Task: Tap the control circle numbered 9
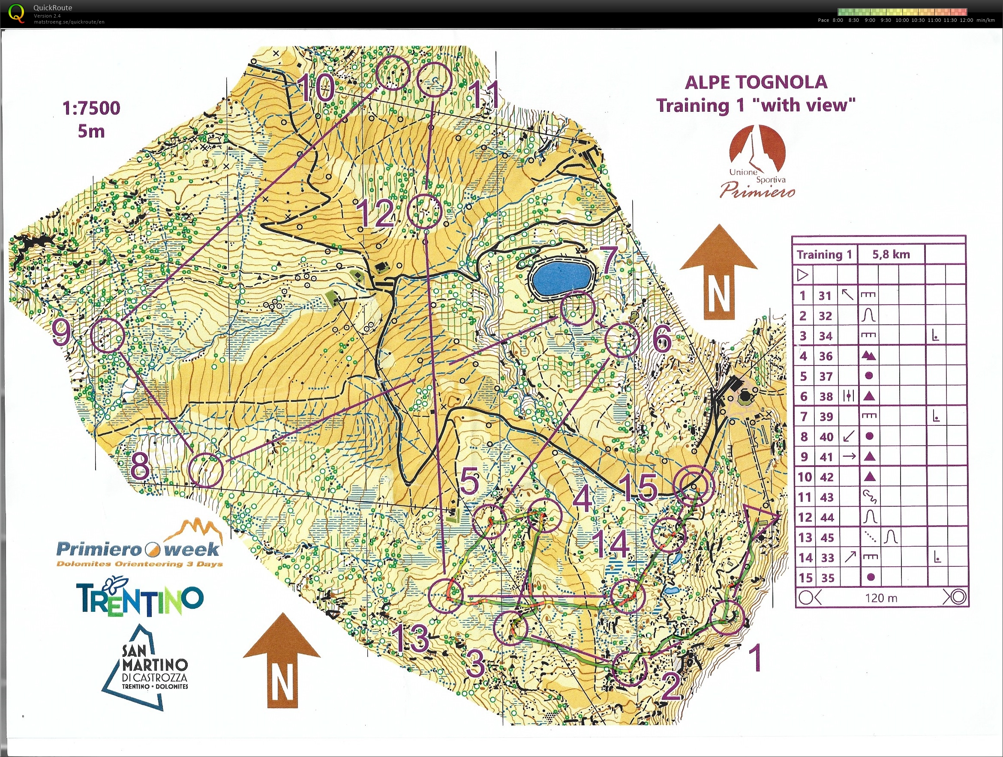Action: (108, 335)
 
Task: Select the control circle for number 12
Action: (424, 211)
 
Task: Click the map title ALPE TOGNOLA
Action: (756, 83)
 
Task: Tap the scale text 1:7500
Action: (91, 108)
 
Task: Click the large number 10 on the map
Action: (316, 87)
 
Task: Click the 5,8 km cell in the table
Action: (891, 254)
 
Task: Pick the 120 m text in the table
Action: (880, 598)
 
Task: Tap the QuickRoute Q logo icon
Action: (16, 13)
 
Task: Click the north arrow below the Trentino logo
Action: (282, 660)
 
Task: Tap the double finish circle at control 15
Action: (693, 485)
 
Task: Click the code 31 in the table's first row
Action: (825, 296)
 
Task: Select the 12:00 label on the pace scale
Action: (966, 20)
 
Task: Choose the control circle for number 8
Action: (206, 470)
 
